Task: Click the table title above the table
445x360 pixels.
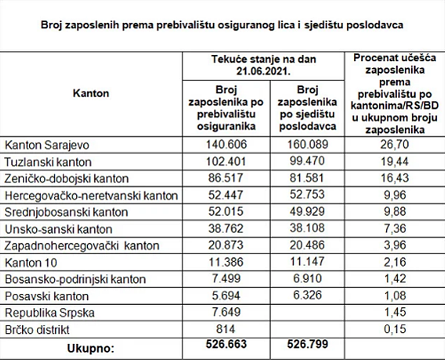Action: point(222,25)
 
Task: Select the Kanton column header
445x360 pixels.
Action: point(91,93)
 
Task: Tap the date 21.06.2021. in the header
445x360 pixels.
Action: point(264,71)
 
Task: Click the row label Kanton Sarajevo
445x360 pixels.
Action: point(47,145)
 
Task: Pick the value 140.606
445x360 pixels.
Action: point(226,144)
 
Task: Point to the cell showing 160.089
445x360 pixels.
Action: point(308,144)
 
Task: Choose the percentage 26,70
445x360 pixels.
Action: point(395,144)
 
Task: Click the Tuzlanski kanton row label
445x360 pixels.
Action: point(48,162)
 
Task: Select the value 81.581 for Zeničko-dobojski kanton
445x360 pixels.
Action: point(307,178)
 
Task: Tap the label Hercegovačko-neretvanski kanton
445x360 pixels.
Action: point(91,195)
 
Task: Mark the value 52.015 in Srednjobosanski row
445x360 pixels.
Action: point(226,212)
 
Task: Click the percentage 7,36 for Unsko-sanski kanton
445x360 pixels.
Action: point(395,228)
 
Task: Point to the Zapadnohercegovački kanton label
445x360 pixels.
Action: point(82,245)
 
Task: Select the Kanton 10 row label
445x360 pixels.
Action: point(31,263)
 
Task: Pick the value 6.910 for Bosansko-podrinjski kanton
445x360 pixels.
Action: point(307,279)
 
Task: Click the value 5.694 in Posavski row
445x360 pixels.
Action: point(226,296)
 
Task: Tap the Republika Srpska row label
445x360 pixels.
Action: point(50,313)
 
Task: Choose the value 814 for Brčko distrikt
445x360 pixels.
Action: point(226,329)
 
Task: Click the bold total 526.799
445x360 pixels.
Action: point(308,344)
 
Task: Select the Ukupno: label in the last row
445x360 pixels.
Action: point(91,349)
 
